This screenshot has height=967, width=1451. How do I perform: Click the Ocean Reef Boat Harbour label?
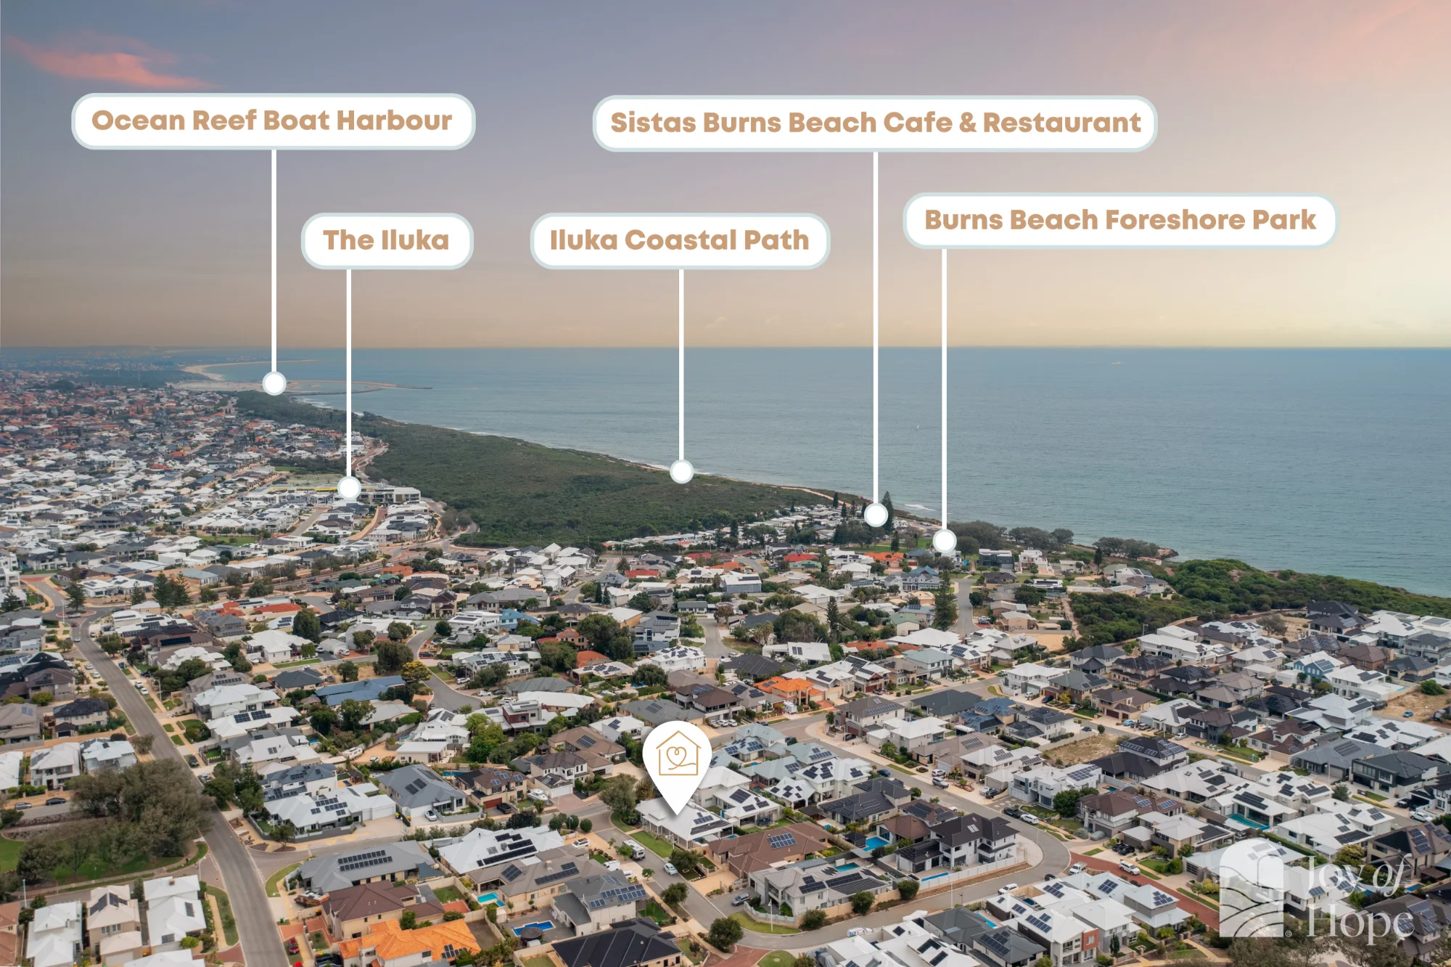tap(274, 121)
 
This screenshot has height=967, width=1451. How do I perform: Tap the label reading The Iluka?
tap(387, 240)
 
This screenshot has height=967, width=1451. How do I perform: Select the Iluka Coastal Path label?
tap(680, 240)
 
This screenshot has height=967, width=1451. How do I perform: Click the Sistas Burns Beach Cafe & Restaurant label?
tap(875, 123)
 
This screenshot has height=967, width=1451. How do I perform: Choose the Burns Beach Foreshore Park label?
tap(1119, 220)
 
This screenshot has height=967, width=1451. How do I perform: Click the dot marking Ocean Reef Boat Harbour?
tap(274, 383)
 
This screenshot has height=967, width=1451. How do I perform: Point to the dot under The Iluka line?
tap(349, 487)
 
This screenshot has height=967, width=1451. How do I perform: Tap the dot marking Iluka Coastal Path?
tap(681, 471)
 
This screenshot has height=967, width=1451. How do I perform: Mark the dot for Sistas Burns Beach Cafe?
tap(876, 515)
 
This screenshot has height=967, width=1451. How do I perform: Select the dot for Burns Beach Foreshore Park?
tap(944, 540)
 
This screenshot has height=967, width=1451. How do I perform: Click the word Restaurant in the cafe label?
tap(1061, 123)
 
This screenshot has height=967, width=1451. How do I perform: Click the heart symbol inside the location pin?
tap(677, 756)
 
